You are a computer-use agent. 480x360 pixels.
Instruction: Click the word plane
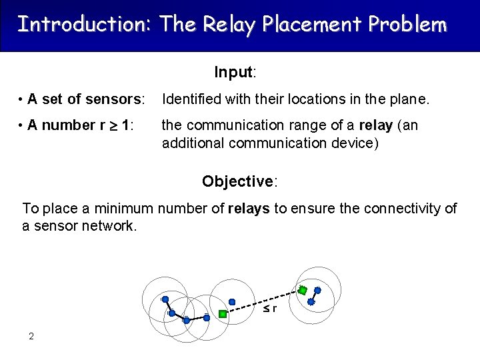pyautogui.click(x=412, y=100)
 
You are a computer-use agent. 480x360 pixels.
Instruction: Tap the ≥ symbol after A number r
pyautogui.click(x=113, y=126)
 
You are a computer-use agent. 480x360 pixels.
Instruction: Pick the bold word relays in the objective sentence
pyautogui.click(x=249, y=209)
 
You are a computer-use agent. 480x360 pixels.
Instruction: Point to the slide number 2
pyautogui.click(x=31, y=336)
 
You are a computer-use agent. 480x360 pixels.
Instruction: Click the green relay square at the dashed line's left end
pyautogui.click(x=223, y=313)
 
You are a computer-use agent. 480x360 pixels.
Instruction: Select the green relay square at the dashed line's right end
pyautogui.click(x=302, y=290)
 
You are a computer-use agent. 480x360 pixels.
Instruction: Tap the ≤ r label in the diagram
pyautogui.click(x=269, y=309)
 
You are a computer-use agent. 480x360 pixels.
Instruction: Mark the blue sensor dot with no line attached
pyautogui.click(x=232, y=301)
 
